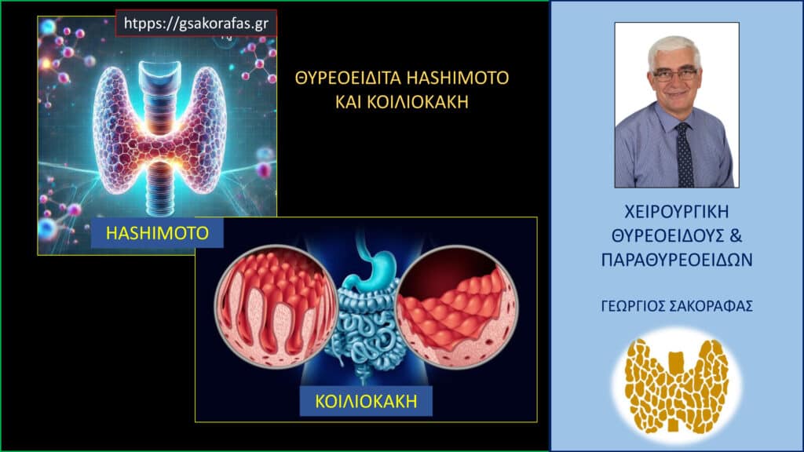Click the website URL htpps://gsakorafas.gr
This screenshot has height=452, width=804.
(x=196, y=24)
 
